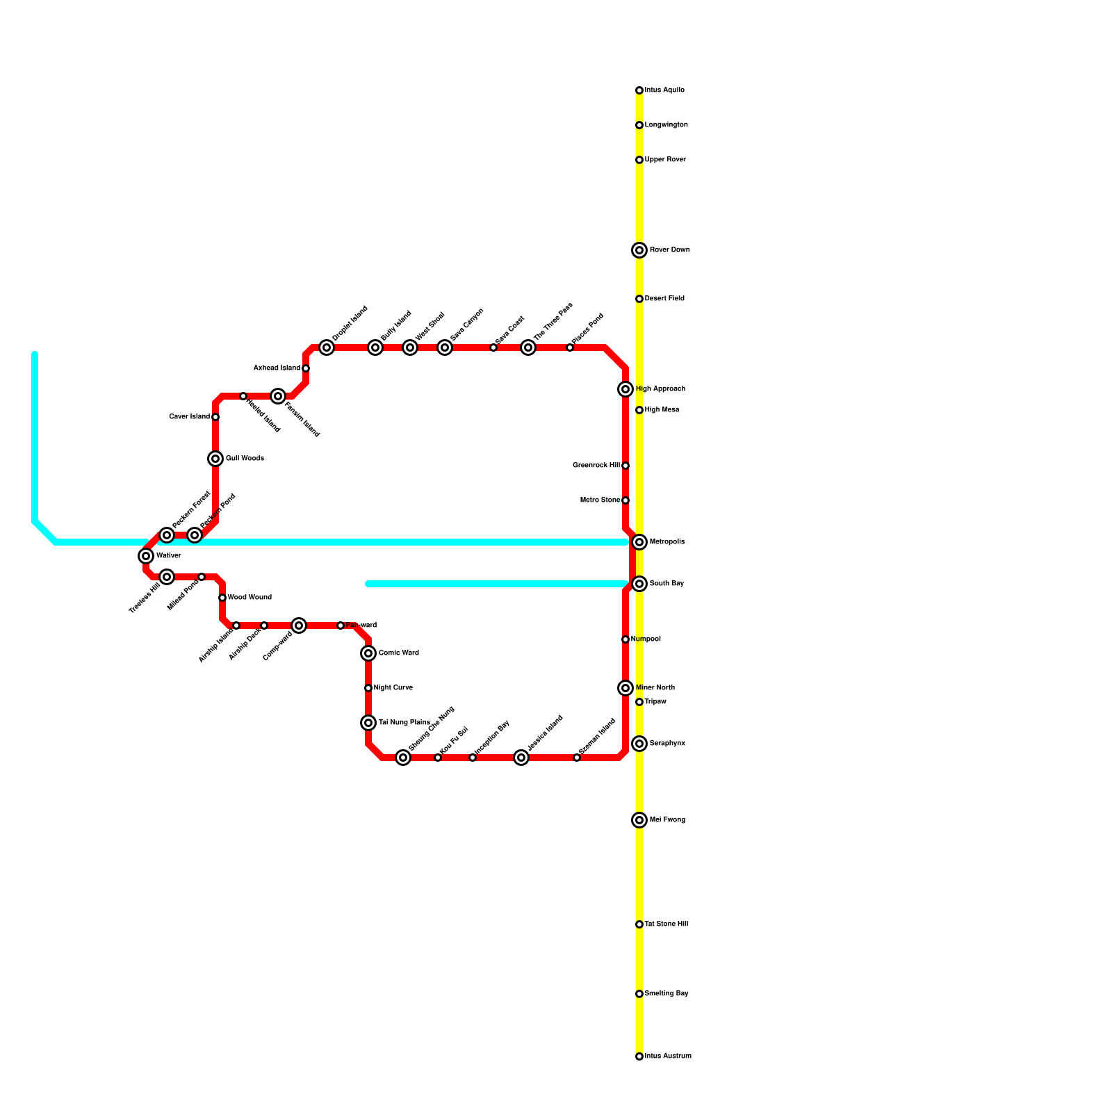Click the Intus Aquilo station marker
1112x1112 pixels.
(x=639, y=90)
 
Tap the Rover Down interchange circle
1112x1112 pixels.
(x=639, y=250)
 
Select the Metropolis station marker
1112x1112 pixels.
(x=639, y=542)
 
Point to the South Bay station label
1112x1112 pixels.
(x=667, y=584)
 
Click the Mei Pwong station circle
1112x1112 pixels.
(x=639, y=820)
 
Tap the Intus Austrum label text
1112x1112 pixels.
(x=668, y=1056)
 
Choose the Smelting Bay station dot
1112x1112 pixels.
(x=639, y=994)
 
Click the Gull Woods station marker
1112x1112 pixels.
(x=215, y=459)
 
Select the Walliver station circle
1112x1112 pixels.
(x=146, y=556)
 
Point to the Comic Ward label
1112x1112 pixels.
(x=399, y=653)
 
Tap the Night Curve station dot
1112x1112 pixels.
(x=368, y=688)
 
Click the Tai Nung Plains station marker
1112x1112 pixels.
(x=368, y=723)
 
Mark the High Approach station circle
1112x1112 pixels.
(x=625, y=389)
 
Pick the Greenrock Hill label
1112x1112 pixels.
(x=596, y=466)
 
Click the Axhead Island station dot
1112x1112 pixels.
(x=306, y=368)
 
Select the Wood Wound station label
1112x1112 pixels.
(x=250, y=598)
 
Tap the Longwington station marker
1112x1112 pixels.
(x=639, y=125)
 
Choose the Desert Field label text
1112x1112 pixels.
(x=664, y=299)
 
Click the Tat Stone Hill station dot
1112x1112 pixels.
(x=639, y=924)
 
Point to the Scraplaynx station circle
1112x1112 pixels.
(x=639, y=744)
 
